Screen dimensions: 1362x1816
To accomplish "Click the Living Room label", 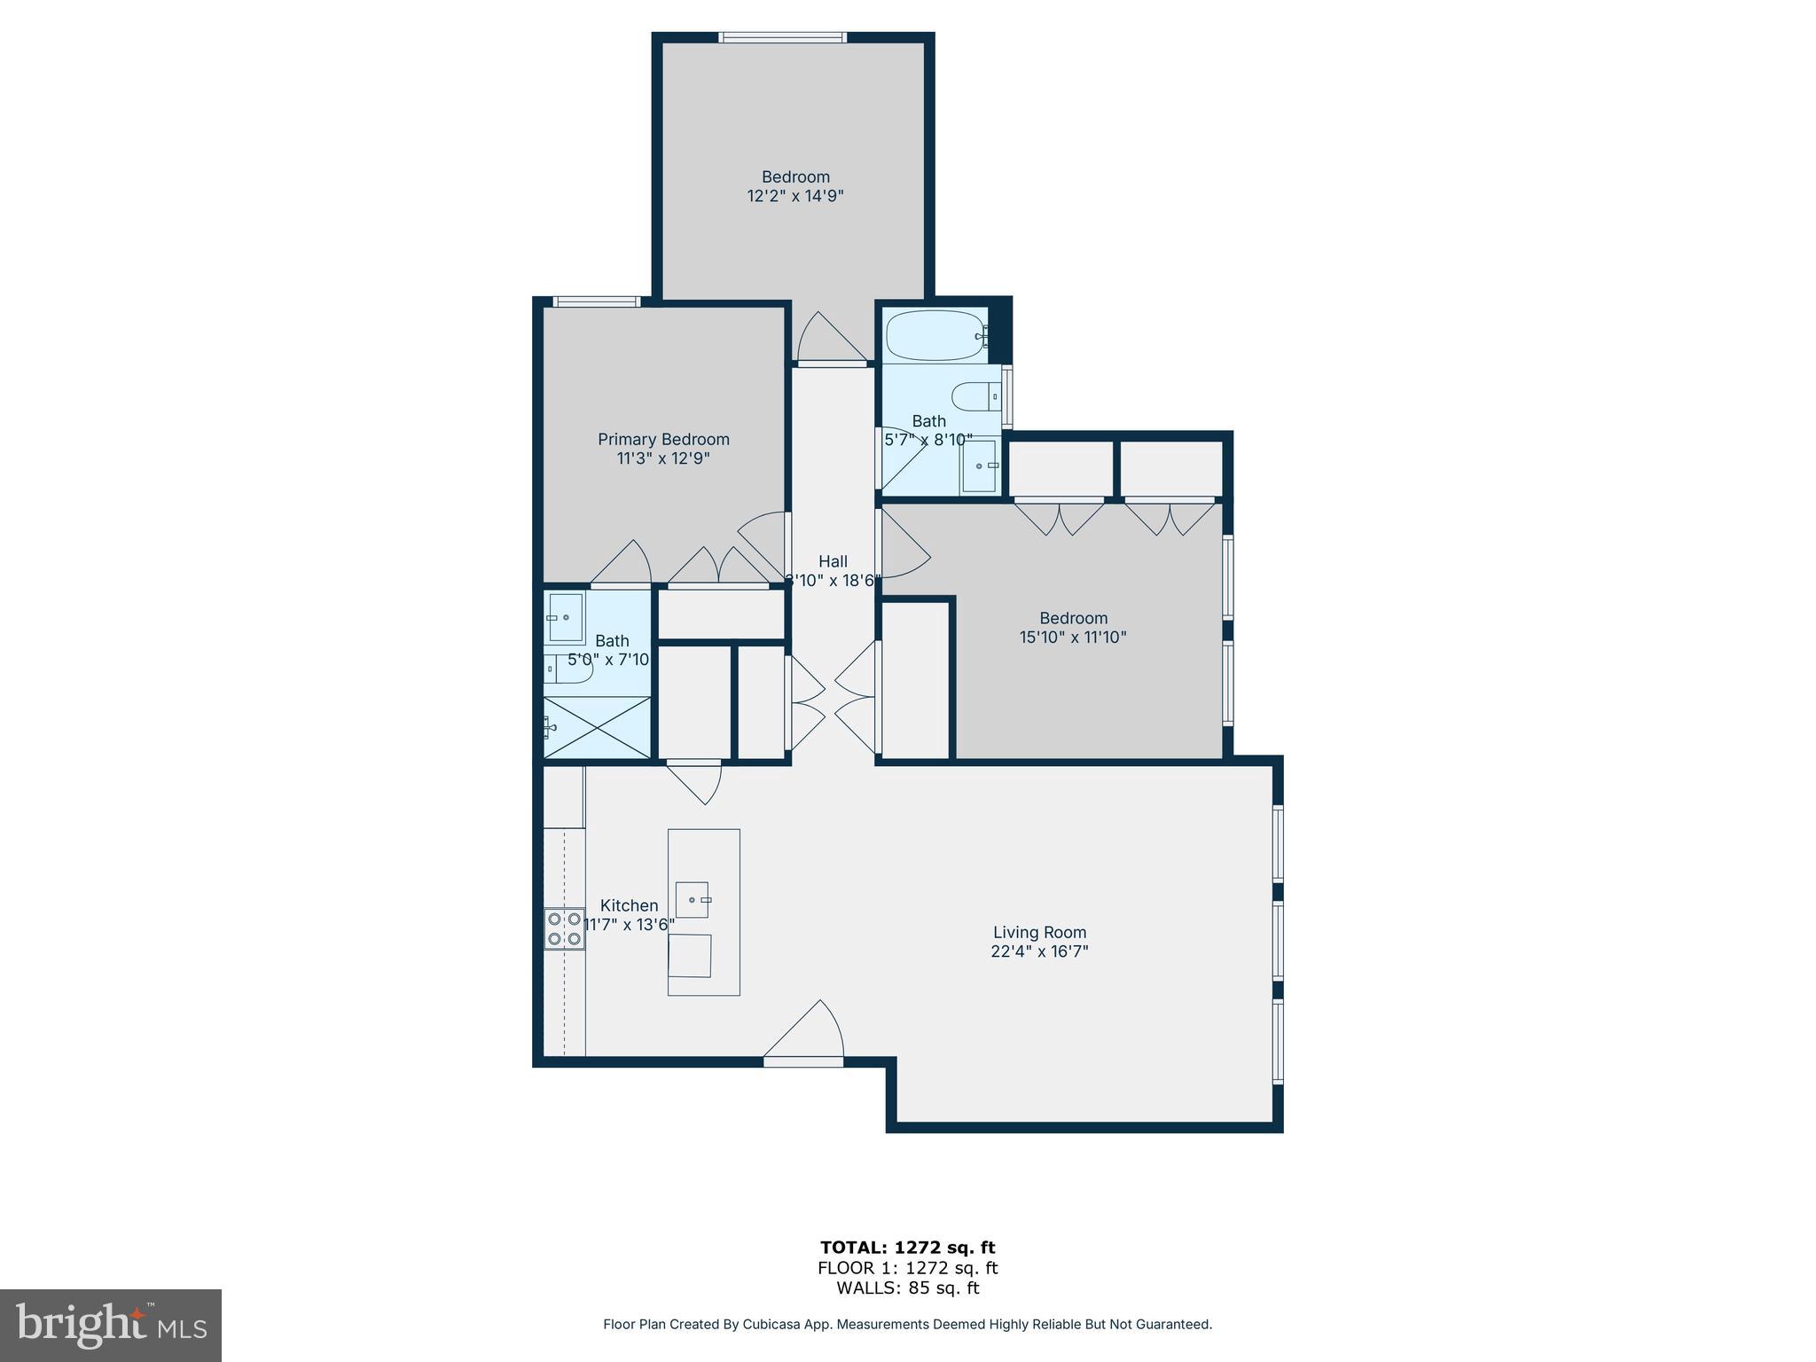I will (1039, 932).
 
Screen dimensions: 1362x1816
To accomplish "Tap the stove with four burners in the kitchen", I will (564, 928).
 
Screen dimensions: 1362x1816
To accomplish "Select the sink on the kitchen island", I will (693, 900).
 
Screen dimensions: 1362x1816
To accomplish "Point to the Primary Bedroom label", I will (663, 439).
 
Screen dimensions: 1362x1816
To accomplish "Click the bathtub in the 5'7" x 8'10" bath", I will (935, 335).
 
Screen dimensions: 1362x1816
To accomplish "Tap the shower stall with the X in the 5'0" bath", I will (597, 727).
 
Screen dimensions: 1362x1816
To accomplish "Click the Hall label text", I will (833, 561).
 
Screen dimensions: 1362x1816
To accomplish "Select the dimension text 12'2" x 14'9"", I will (795, 196).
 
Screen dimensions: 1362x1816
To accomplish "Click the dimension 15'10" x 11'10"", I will (1073, 637).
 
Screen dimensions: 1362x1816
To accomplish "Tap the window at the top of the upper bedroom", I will (782, 37).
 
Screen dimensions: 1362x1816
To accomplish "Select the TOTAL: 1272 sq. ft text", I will (907, 1248).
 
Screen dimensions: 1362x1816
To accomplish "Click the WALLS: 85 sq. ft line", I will (907, 1288).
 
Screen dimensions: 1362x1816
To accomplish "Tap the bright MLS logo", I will (110, 1325).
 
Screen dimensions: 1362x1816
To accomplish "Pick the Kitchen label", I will (629, 905).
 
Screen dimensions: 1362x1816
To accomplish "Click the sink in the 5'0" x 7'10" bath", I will (565, 617).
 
